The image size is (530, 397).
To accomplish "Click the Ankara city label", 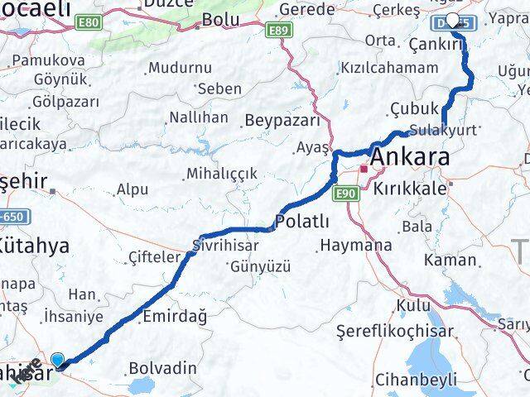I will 412,157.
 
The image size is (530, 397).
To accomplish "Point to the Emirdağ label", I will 175,315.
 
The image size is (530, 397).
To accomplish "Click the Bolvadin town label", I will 163,367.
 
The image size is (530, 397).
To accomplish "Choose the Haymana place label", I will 356,246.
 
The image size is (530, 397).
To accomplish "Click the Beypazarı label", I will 282,121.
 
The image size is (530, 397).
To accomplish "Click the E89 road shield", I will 280,30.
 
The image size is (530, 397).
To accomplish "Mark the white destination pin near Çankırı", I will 453,22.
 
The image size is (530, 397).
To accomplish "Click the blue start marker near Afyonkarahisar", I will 58,359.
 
